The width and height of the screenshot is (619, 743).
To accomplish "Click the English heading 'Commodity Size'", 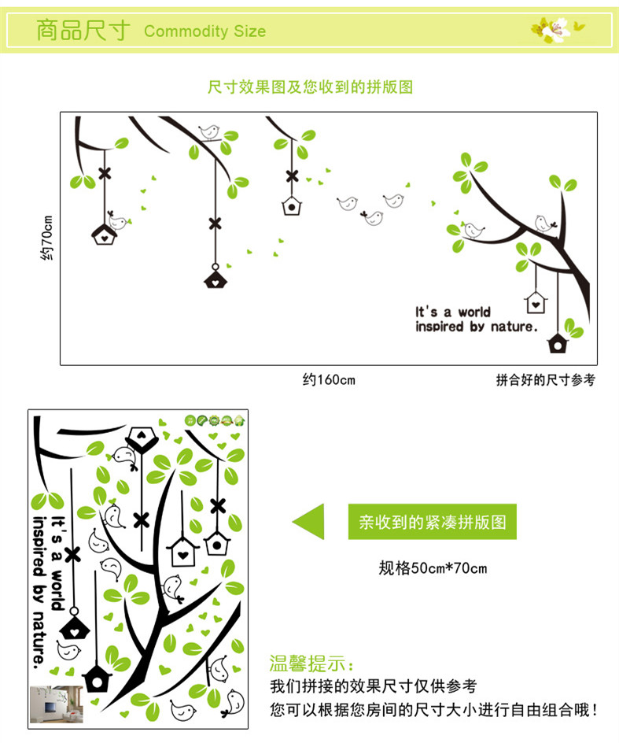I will (x=204, y=31).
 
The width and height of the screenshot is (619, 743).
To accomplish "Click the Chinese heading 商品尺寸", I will (x=83, y=31).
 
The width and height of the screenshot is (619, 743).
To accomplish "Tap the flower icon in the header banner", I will (x=557, y=30).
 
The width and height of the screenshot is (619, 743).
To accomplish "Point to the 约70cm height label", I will (x=48, y=238).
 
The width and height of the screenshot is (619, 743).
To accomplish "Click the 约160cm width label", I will (x=329, y=380).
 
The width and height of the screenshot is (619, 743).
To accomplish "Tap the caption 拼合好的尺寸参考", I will (x=545, y=380).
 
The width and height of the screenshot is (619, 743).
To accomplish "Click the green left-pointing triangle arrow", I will (x=309, y=522).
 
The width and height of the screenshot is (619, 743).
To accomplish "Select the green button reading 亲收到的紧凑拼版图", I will (x=433, y=522).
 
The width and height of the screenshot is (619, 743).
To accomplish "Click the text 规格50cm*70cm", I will (x=433, y=567).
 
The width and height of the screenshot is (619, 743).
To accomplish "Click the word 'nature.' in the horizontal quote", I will (x=513, y=326).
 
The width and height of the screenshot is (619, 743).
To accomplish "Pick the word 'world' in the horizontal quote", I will (x=475, y=312).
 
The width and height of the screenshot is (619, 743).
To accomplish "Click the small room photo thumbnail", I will (x=54, y=704).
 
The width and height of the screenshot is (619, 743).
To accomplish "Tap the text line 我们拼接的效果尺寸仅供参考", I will (x=373, y=686).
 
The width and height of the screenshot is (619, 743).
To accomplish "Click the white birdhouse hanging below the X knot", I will (x=292, y=206).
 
